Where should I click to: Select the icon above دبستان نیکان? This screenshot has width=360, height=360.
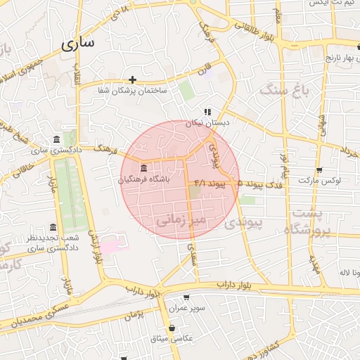point(207,112)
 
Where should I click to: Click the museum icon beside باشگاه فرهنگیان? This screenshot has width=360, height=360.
point(143,168)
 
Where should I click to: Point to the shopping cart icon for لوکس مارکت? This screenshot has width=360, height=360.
point(319,169)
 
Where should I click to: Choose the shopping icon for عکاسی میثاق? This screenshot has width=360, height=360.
point(172,328)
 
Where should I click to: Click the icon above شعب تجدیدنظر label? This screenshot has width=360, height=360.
point(53,227)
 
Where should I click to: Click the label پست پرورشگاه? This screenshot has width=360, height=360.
point(307,221)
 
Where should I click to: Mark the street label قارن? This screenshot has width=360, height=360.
point(205,71)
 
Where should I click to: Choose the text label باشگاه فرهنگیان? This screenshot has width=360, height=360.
point(144,180)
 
